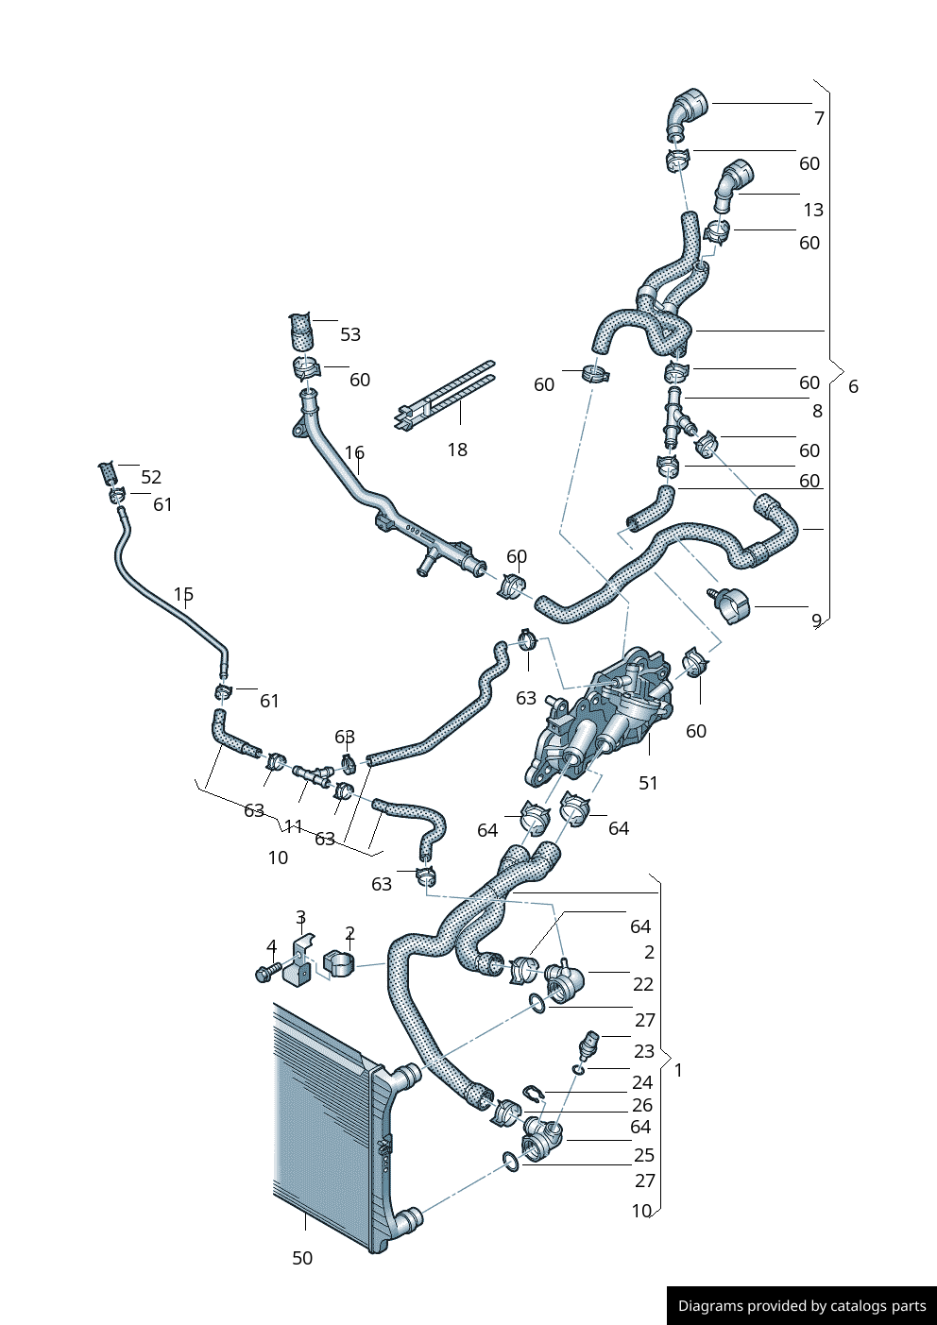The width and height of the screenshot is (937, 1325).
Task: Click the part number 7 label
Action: (x=819, y=118)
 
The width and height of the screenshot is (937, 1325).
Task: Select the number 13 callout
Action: (x=812, y=210)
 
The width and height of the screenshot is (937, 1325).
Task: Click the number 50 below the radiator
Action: (x=302, y=1258)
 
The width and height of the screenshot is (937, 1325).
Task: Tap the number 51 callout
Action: (x=648, y=783)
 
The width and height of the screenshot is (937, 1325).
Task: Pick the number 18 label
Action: (x=457, y=450)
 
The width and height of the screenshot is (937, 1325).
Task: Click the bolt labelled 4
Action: (x=265, y=972)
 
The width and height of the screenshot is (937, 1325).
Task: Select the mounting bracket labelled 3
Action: (x=299, y=963)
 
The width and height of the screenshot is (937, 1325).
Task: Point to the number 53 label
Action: (x=350, y=334)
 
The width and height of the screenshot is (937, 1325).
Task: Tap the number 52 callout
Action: (x=151, y=477)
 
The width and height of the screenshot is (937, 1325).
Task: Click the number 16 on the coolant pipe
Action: (x=354, y=453)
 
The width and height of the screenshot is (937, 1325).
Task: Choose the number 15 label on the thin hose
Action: (x=183, y=594)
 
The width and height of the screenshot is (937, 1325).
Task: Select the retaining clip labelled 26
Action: (x=533, y=1095)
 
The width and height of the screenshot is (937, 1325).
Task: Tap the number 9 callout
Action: (x=816, y=620)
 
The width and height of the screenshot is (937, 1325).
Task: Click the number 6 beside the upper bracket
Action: (x=853, y=386)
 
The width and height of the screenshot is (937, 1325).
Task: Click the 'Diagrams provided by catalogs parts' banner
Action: (x=801, y=1305)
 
